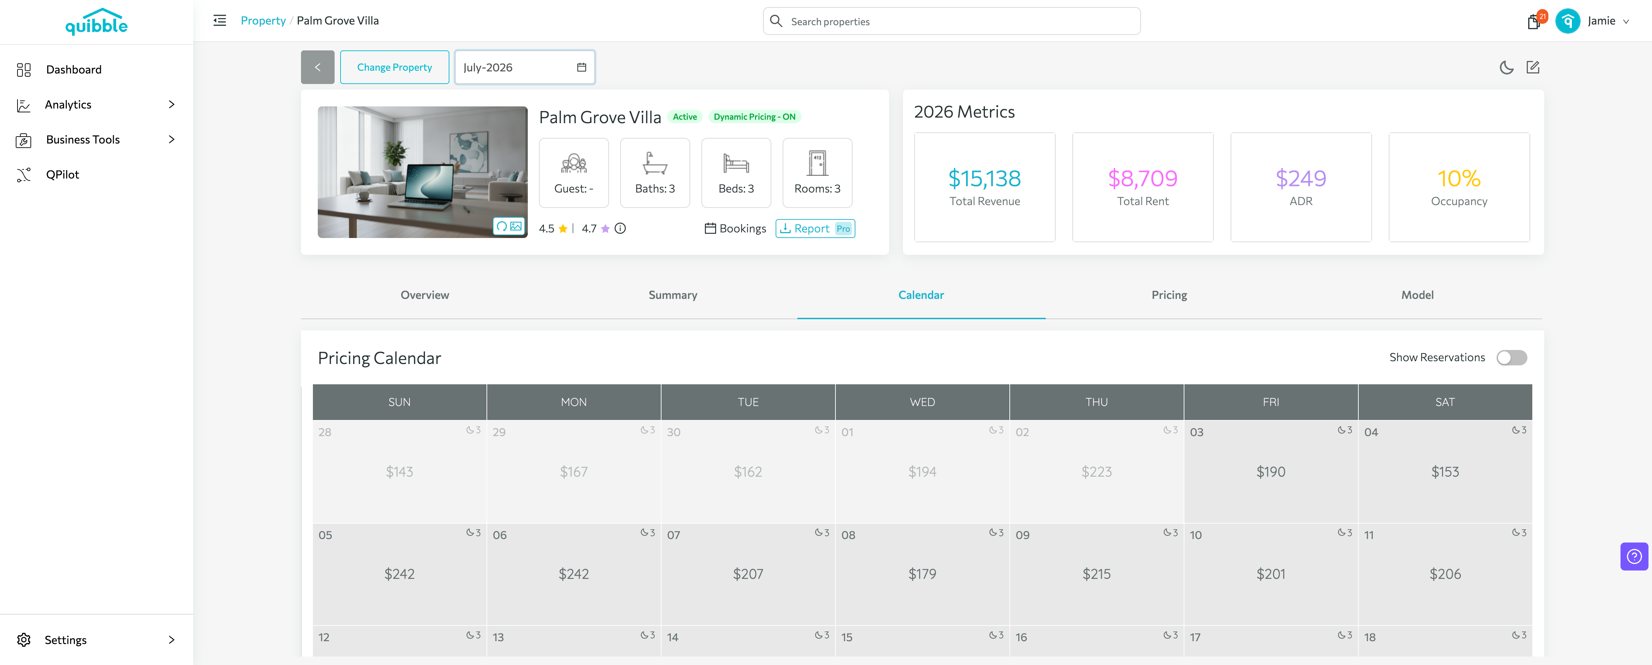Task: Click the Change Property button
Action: [394, 67]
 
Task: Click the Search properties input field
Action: [952, 21]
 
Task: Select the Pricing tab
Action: [1169, 295]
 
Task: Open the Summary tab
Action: [673, 295]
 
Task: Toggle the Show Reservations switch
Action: [1512, 358]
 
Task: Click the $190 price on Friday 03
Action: [1270, 472]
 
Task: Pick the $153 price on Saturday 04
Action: [1445, 472]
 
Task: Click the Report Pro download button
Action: [815, 228]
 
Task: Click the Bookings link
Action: [736, 228]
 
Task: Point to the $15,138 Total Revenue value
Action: [985, 178]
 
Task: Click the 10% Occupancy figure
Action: [1459, 178]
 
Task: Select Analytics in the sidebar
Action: [68, 105]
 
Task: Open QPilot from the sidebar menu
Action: [62, 174]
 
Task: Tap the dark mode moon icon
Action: [1506, 67]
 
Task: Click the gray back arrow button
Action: [317, 67]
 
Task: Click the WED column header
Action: [922, 402]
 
